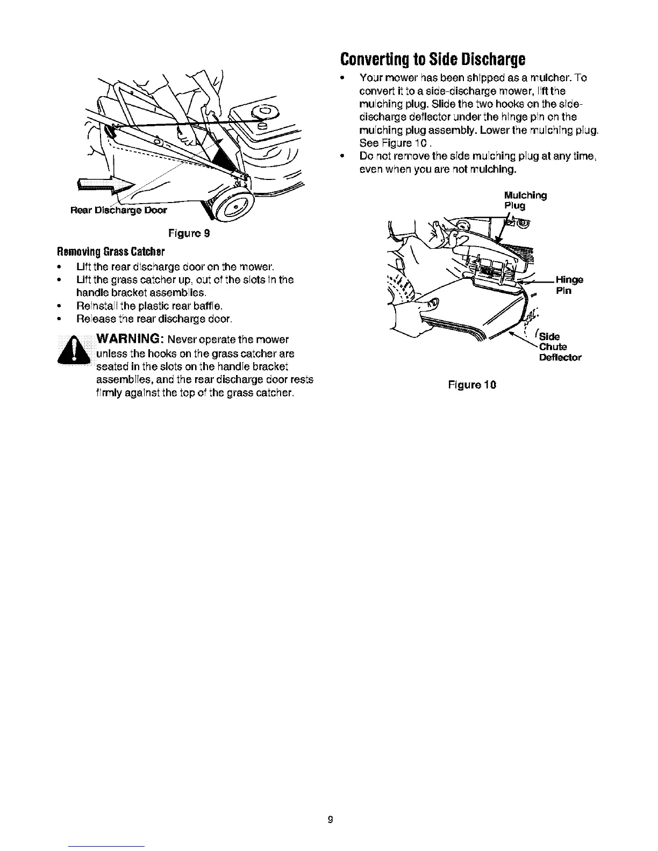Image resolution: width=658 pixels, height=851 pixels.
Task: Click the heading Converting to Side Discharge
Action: click(432, 57)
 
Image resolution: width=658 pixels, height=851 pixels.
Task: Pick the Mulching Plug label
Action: click(525, 200)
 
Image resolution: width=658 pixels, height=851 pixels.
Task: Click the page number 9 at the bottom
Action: click(331, 819)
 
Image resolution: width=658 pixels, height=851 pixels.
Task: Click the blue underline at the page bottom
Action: click(107, 846)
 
